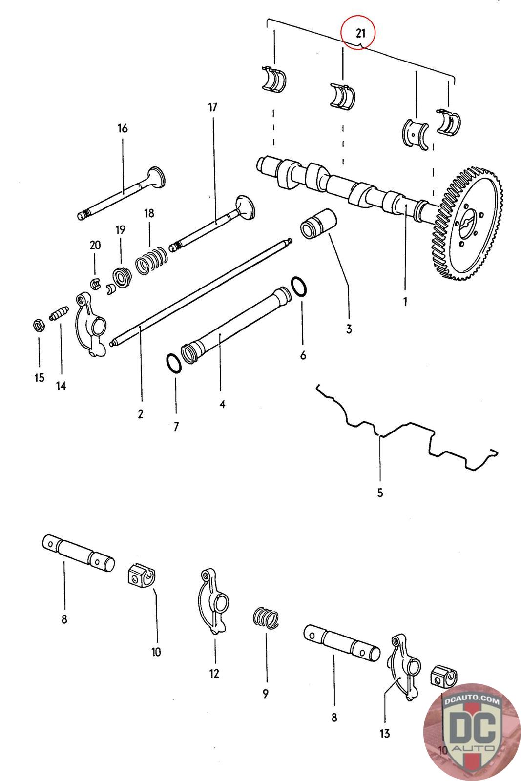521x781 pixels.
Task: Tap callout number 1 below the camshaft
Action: [405, 302]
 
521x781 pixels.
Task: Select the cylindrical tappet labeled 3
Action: [315, 225]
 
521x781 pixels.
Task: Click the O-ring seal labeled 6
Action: [299, 286]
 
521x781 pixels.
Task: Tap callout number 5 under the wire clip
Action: [380, 493]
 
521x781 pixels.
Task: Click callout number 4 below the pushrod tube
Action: [222, 404]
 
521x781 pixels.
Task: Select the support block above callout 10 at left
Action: [141, 575]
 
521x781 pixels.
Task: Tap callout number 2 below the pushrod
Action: [141, 414]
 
